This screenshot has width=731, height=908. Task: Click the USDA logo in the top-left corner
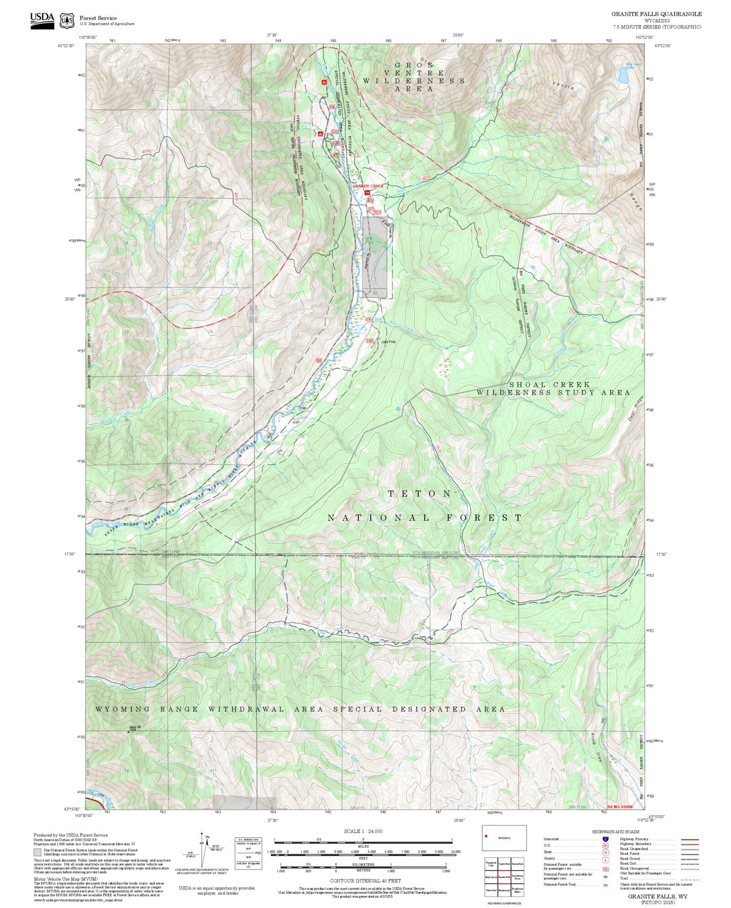tap(42, 20)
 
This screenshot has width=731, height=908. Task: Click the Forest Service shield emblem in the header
tap(66, 21)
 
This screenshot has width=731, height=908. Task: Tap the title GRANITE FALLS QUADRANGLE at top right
tap(656, 14)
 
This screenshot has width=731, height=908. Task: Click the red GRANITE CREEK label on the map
tap(368, 186)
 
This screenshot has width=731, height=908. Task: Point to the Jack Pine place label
tap(388, 342)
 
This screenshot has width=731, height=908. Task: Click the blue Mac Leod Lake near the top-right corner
tap(623, 75)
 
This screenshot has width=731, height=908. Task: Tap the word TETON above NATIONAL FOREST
tap(419, 493)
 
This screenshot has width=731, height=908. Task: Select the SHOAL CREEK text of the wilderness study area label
tap(549, 385)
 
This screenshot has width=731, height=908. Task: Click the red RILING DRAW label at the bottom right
tap(620, 807)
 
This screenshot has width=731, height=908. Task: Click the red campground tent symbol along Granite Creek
tap(320, 134)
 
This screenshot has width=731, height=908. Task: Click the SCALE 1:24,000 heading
tap(363, 831)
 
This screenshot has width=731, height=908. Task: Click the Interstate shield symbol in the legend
tap(606, 839)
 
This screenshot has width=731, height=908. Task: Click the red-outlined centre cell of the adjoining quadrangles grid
tap(503, 877)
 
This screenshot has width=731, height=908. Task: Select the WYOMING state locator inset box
tap(504, 838)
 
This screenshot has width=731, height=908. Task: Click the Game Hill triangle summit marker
tap(127, 731)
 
